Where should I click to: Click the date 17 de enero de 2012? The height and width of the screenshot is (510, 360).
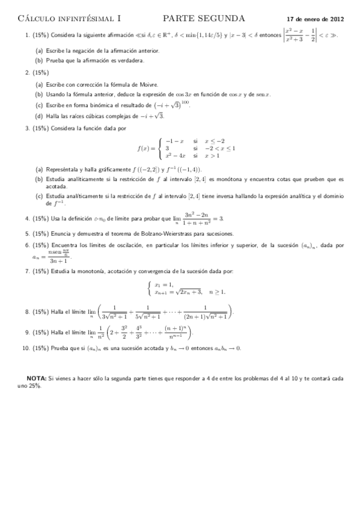pos(316,20)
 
